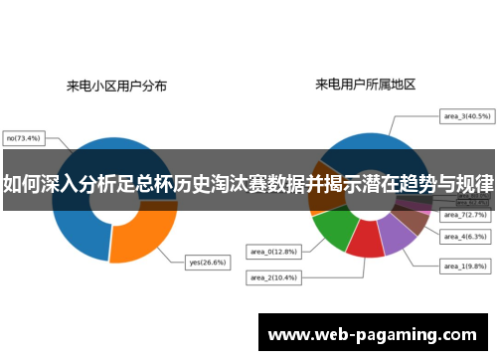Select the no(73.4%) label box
(25, 138)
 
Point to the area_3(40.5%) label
(465, 116)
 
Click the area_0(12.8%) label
(270, 252)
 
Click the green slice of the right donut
(331, 230)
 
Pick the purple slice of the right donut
(397, 235)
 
